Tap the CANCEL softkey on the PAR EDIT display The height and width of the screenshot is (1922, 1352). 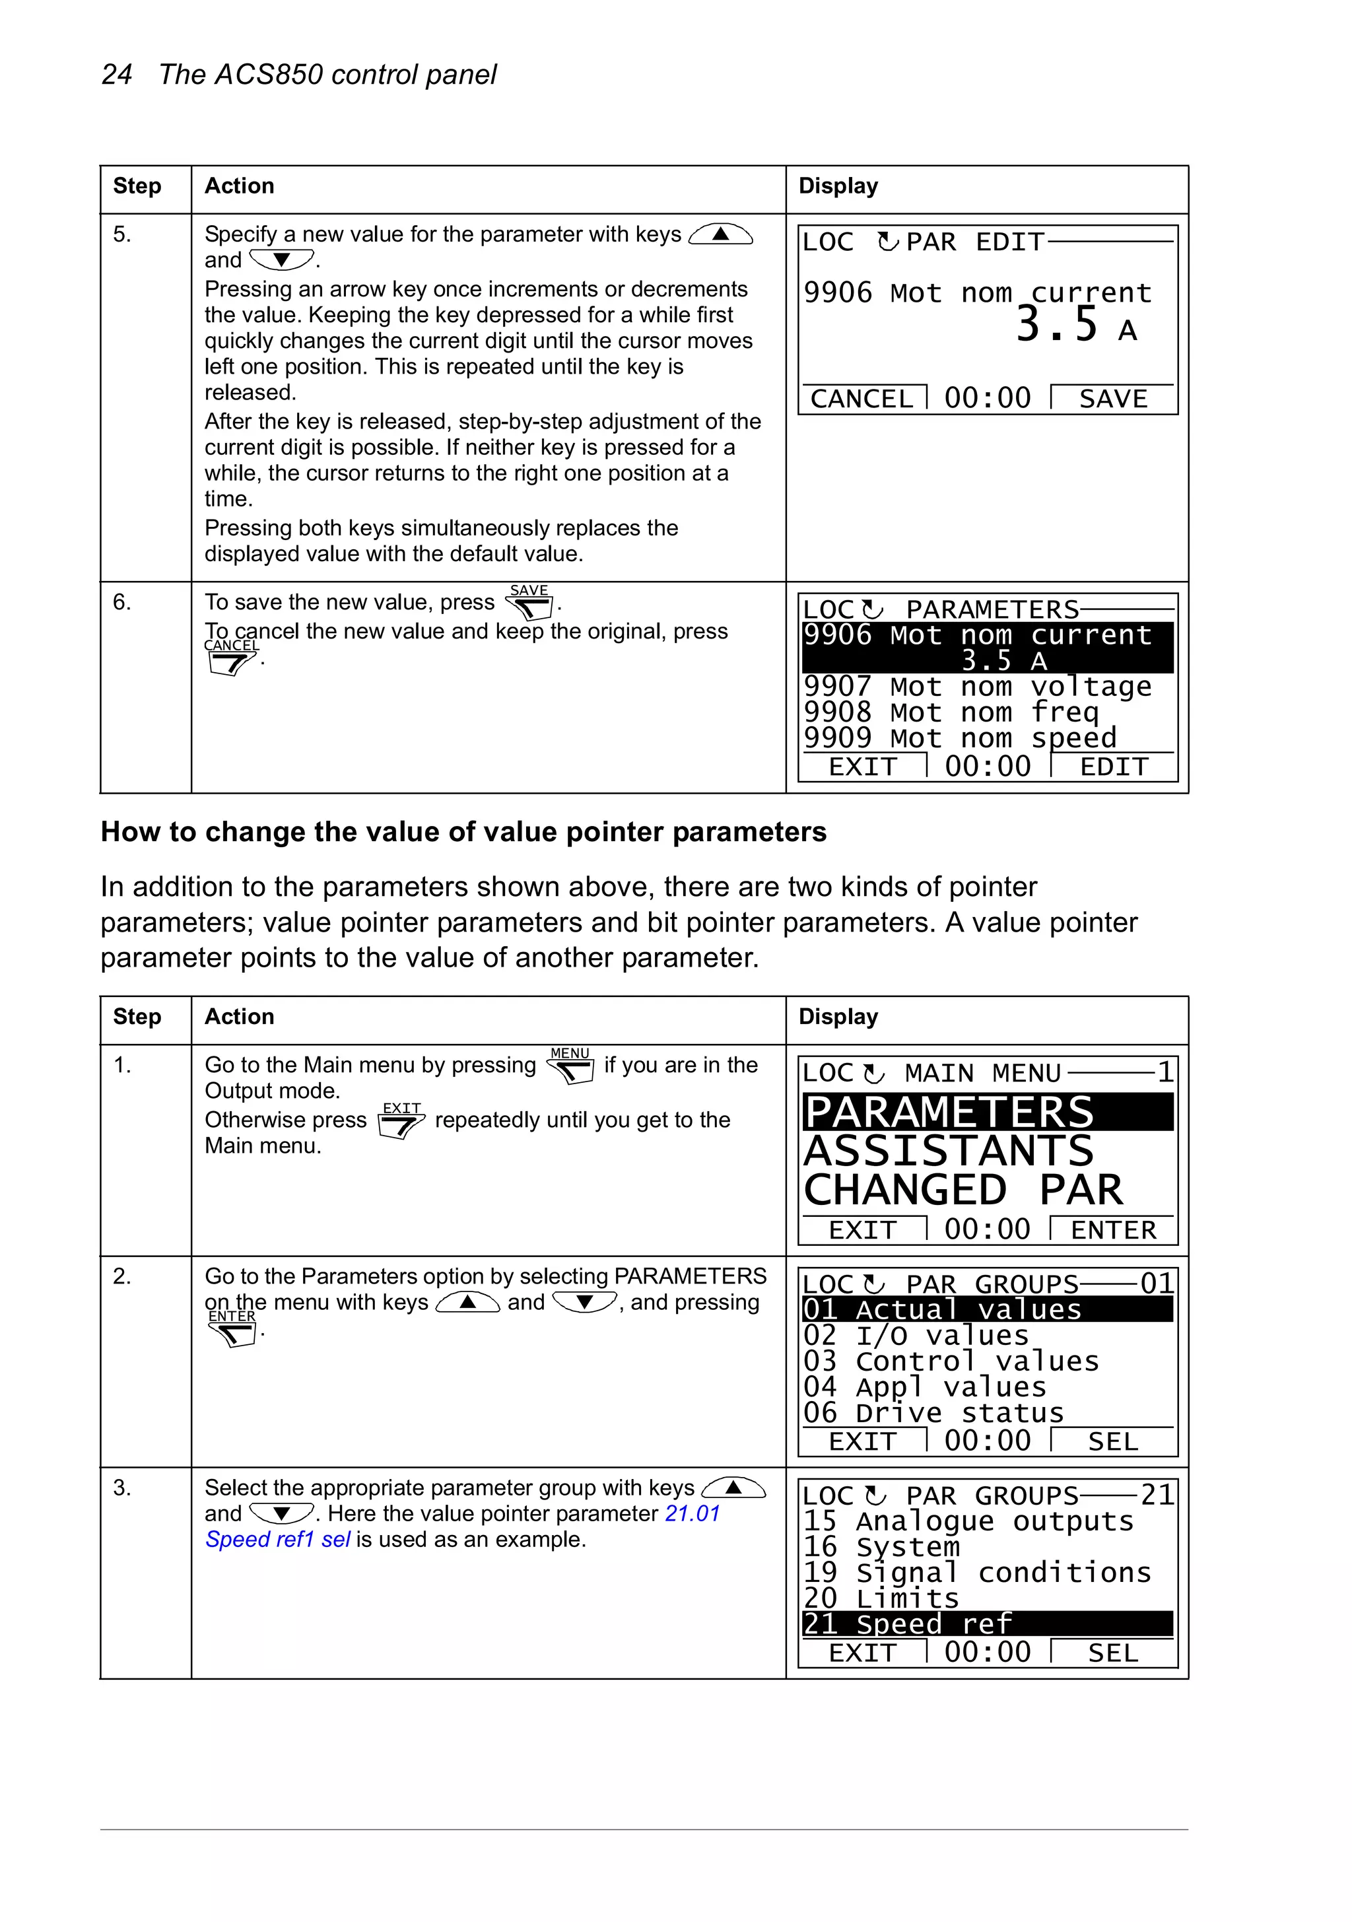pyautogui.click(x=862, y=399)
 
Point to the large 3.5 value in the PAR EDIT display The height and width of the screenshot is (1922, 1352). pyautogui.click(x=1056, y=326)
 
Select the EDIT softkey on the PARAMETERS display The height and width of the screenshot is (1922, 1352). pyautogui.click(x=1114, y=767)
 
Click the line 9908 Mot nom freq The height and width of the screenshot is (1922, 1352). pyautogui.click(x=950, y=712)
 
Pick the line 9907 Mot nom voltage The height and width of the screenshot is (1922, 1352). pyautogui.click(x=977, y=687)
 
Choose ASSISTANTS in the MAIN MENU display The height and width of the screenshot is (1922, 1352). pyautogui.click(x=949, y=1151)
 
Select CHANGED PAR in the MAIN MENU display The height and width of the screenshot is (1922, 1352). pyautogui.click(x=963, y=1190)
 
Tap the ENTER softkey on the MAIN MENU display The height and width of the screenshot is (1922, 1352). pyautogui.click(x=1114, y=1229)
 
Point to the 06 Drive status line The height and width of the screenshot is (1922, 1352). pyautogui.click(x=933, y=1413)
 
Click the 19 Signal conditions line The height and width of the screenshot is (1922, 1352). pyautogui.click(x=977, y=1572)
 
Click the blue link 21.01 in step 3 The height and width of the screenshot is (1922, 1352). pyautogui.click(x=693, y=1513)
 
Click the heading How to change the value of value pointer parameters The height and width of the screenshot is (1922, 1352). pyautogui.click(x=463, y=832)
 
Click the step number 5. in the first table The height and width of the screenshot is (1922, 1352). pyautogui.click(x=122, y=234)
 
